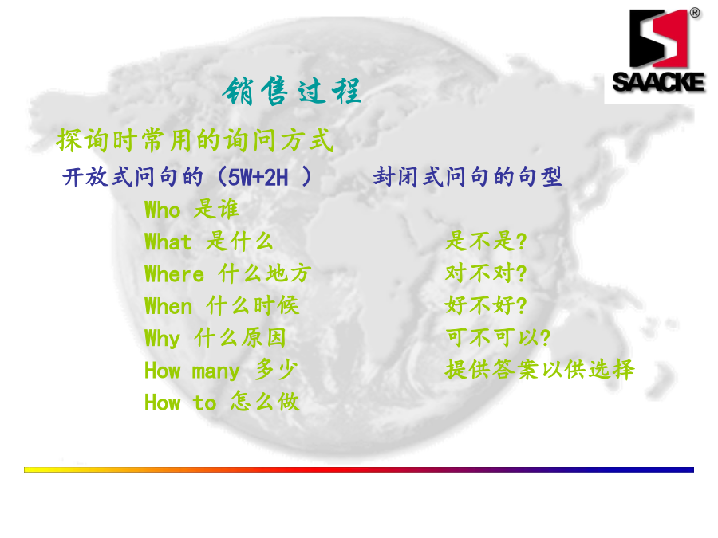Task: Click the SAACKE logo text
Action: tap(658, 82)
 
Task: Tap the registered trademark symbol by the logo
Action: tap(695, 13)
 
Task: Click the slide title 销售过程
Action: tap(292, 92)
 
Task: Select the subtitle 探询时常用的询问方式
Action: tap(195, 140)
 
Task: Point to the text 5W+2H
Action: tap(258, 177)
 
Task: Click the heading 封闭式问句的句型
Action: tap(467, 177)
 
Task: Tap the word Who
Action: tap(163, 210)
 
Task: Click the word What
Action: tap(168, 242)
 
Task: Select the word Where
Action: tap(174, 274)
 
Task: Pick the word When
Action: tap(168, 307)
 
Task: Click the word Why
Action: tap(162, 339)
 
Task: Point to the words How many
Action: tap(192, 371)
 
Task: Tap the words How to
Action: tap(180, 403)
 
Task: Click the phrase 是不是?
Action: tap(486, 241)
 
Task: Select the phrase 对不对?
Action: tap(486, 273)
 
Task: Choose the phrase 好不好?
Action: tap(486, 305)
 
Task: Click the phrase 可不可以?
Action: tap(498, 337)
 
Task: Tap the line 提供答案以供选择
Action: tap(540, 369)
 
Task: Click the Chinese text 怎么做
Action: tap(265, 402)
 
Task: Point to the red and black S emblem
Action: tap(658, 38)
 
